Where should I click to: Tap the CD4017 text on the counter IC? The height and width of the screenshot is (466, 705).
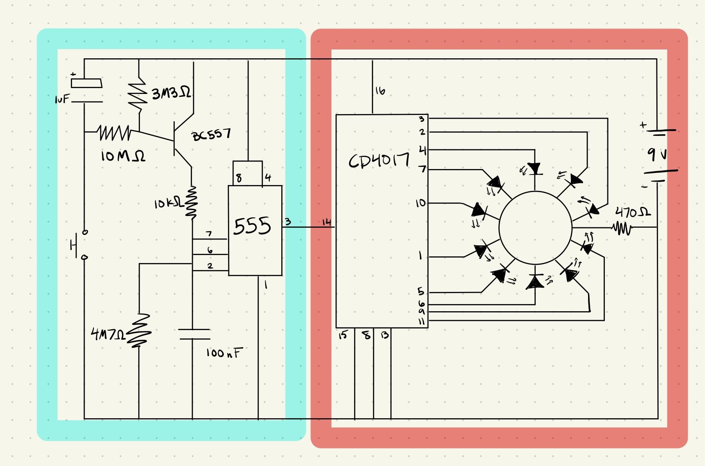[x=379, y=161]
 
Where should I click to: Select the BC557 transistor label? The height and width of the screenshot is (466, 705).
[x=211, y=135]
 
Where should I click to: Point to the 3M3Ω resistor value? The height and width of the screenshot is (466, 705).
[x=171, y=93]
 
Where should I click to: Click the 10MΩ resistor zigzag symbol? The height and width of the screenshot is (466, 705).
[x=114, y=133]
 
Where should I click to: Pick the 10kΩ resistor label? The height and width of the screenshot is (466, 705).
[x=168, y=203]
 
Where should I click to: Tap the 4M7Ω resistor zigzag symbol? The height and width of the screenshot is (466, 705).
[x=138, y=331]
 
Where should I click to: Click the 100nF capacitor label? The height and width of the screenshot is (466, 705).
[x=225, y=353]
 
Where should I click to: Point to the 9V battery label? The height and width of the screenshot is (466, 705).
[x=657, y=154]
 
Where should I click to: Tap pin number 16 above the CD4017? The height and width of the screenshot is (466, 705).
[x=380, y=91]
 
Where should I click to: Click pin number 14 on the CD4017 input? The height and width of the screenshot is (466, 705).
[x=327, y=222]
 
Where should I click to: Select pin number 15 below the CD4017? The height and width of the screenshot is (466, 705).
[x=343, y=335]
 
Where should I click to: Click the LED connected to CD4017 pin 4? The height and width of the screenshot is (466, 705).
[x=534, y=169]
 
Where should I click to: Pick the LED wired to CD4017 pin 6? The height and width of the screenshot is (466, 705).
[x=535, y=281]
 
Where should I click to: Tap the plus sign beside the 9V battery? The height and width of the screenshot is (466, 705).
[x=643, y=125]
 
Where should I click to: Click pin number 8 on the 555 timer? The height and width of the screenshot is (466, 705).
[x=239, y=178]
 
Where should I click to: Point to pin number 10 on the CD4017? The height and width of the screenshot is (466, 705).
[x=421, y=203]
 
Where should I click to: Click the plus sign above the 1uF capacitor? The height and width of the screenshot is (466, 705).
[x=73, y=74]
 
